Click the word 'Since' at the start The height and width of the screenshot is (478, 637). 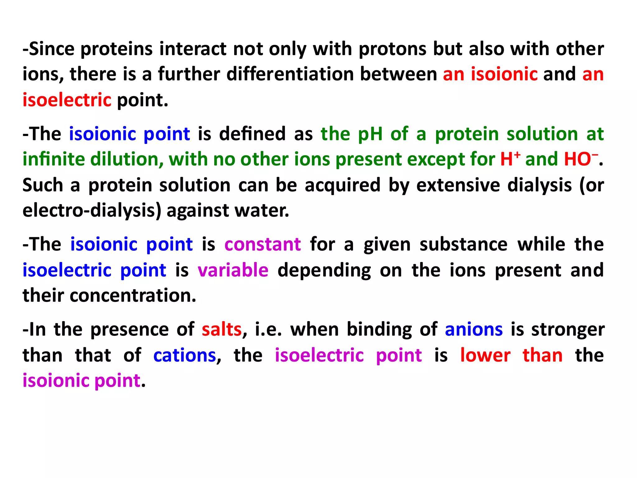[52, 49]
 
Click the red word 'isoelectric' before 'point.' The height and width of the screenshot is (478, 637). [67, 100]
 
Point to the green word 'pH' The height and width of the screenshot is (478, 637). [370, 134]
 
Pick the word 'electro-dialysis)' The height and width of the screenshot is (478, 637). [92, 211]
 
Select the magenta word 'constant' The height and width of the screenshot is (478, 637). [263, 244]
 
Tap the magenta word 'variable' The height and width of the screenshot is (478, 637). [233, 270]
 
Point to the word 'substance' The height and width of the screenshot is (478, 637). [463, 244]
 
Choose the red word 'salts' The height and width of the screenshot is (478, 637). [221, 330]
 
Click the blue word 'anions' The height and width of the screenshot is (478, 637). [474, 330]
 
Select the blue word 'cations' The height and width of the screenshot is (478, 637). [185, 355]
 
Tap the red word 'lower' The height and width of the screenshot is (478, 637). [485, 355]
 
